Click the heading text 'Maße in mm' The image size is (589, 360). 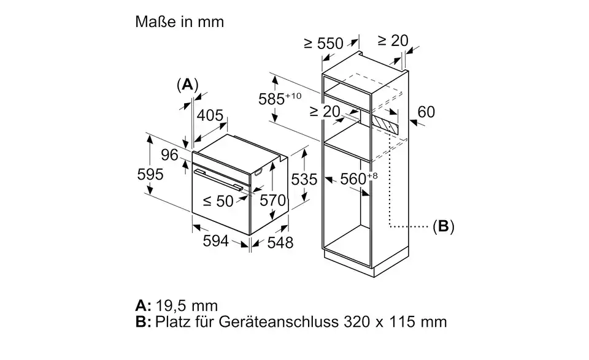pyautogui.click(x=180, y=22)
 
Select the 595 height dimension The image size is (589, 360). pyautogui.click(x=150, y=174)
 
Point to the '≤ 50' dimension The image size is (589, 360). pyautogui.click(x=218, y=201)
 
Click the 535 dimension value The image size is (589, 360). pyautogui.click(x=304, y=179)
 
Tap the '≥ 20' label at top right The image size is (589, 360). pyautogui.click(x=393, y=40)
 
